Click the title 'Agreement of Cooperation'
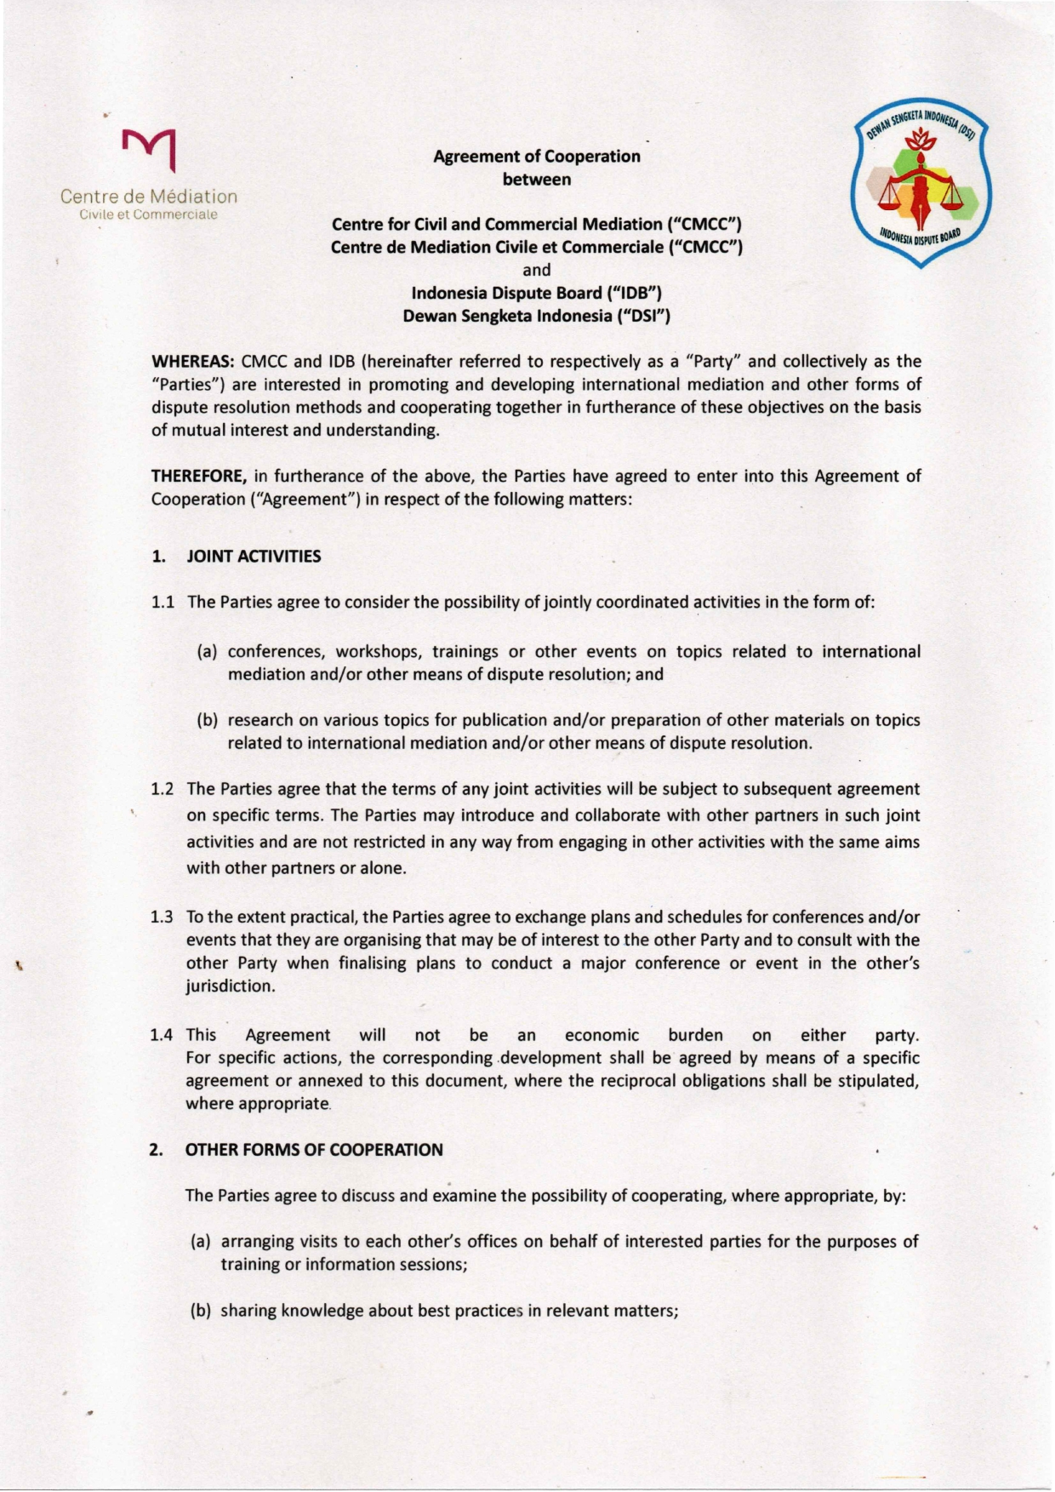tap(536, 157)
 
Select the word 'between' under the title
tap(536, 180)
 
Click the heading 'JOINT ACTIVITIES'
tap(254, 557)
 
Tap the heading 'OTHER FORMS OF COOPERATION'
tap(314, 1150)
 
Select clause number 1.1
tap(163, 603)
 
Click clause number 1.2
tap(163, 789)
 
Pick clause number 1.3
tap(163, 918)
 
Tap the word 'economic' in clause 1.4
tap(601, 1036)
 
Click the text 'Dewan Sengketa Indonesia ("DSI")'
tap(536, 317)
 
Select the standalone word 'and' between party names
tap(536, 271)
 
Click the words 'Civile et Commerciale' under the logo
tap(148, 214)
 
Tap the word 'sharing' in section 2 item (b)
tap(248, 1311)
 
